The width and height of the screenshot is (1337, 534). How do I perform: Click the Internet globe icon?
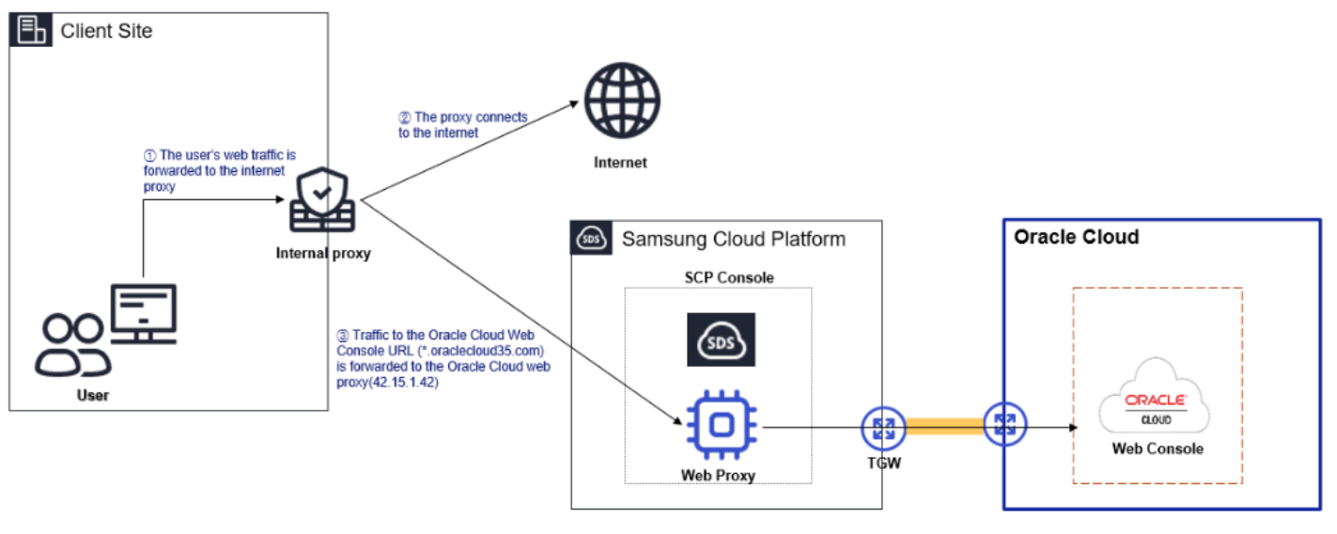[x=621, y=101]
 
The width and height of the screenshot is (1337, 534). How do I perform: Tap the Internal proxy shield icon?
[x=322, y=202]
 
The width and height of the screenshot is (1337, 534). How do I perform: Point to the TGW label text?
[x=883, y=463]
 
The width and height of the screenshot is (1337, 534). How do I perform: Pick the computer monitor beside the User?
[x=143, y=313]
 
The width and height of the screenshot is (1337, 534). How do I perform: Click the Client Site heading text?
[x=106, y=31]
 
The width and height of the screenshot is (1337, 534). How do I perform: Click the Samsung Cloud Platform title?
[x=733, y=239]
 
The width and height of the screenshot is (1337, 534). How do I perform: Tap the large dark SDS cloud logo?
[x=721, y=339]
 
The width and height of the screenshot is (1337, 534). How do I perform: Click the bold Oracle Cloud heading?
[x=1076, y=237]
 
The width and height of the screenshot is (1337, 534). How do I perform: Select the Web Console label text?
[x=1158, y=448]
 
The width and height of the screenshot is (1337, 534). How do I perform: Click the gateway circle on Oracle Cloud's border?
[x=1005, y=426]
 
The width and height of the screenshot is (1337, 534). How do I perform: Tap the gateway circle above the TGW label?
[x=883, y=429]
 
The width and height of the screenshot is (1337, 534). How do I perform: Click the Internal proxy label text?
[x=323, y=253]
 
